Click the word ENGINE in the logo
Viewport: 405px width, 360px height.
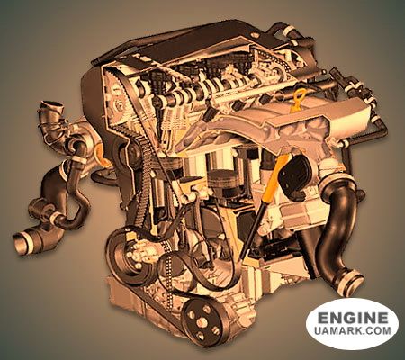click(x=352, y=319)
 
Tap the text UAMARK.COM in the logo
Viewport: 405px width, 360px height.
click(x=353, y=331)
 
